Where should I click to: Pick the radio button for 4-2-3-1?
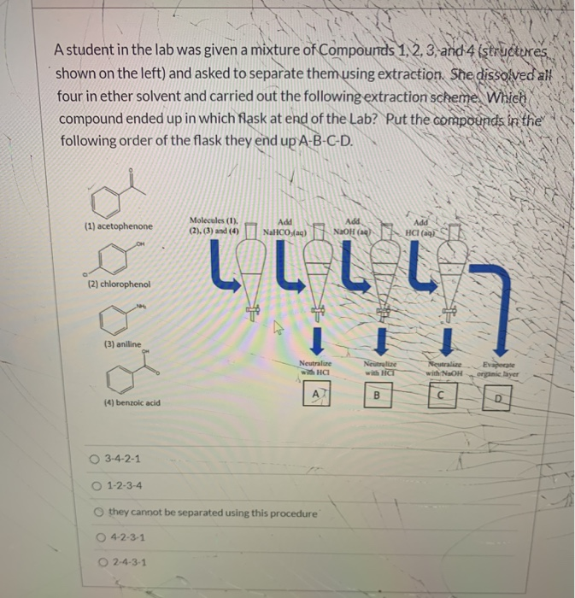pos(101,538)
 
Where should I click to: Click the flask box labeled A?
pos(316,394)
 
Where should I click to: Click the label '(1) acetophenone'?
pos(120,227)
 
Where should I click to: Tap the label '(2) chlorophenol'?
pos(119,284)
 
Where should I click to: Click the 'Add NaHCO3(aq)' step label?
pos(284,226)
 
